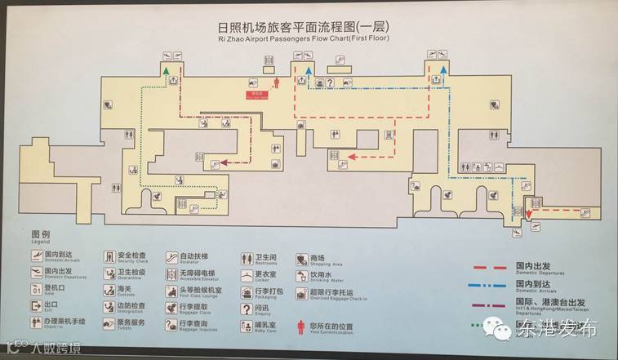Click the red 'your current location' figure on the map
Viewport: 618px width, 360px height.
point(276,82)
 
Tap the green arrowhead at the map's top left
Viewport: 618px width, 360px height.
point(164,72)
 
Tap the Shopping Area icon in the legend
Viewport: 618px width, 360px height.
point(301,258)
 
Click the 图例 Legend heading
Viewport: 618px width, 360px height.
point(42,236)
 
